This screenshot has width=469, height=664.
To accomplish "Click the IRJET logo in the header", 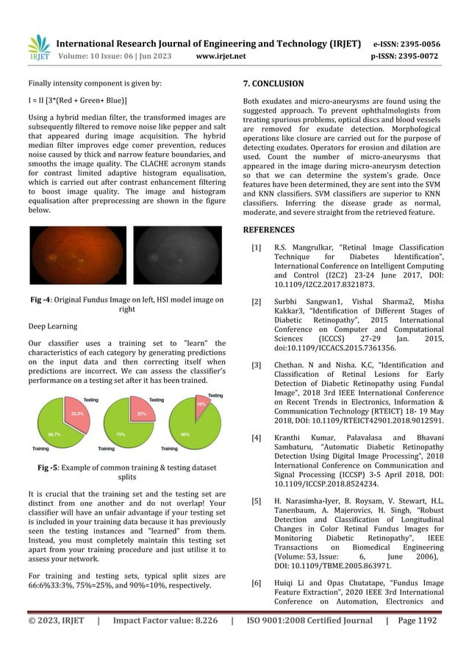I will (38, 48).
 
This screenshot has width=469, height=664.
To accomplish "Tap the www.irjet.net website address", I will (221, 55).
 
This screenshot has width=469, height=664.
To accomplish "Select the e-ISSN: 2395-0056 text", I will (407, 43).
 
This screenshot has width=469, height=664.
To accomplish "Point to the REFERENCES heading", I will (268, 230).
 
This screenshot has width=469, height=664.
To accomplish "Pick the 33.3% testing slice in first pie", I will (76, 414).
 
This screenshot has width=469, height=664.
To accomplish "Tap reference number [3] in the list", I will (255, 365).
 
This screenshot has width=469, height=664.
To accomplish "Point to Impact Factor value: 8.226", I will (165, 621).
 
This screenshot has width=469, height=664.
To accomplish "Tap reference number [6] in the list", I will (255, 583).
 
